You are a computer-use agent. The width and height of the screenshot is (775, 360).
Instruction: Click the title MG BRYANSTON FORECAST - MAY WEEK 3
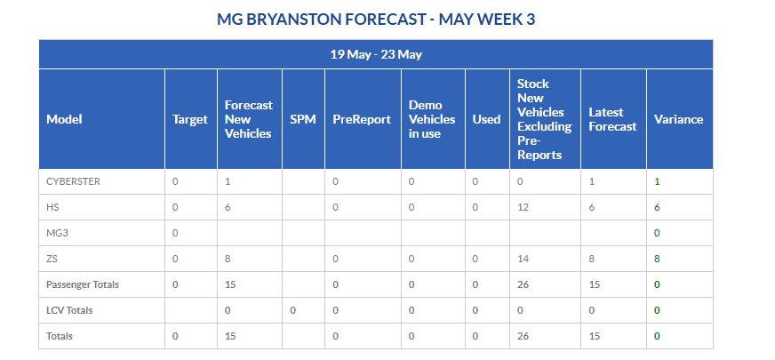point(376,20)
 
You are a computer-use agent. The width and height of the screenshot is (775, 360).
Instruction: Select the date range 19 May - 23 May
point(376,54)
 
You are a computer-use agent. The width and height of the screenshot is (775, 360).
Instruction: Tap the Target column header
point(190,120)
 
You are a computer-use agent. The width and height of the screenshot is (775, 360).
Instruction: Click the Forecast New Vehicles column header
point(249,119)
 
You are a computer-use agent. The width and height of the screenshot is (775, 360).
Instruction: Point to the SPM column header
point(303,119)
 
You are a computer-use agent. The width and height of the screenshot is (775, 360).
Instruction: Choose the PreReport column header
point(362,119)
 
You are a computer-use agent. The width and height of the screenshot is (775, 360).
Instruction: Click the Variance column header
point(678,119)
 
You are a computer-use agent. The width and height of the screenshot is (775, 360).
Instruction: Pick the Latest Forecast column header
point(613,119)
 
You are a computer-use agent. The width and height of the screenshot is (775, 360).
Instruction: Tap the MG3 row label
point(58,233)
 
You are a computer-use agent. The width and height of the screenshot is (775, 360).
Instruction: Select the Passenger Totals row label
point(83,284)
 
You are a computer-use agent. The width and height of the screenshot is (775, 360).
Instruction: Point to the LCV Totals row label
point(69,310)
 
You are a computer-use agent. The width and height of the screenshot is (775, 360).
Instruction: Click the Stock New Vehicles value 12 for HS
point(523,207)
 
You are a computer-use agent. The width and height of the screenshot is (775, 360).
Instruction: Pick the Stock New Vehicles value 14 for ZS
point(523,259)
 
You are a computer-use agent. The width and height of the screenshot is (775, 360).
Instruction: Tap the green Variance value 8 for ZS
point(657,259)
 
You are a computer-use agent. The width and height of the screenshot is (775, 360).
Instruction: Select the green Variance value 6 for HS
point(657,207)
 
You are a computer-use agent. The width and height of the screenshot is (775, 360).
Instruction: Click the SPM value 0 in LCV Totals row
point(293,310)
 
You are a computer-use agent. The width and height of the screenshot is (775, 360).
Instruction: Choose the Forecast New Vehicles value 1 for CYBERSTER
point(228,181)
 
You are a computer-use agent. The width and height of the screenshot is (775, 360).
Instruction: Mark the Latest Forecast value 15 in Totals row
point(594,336)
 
